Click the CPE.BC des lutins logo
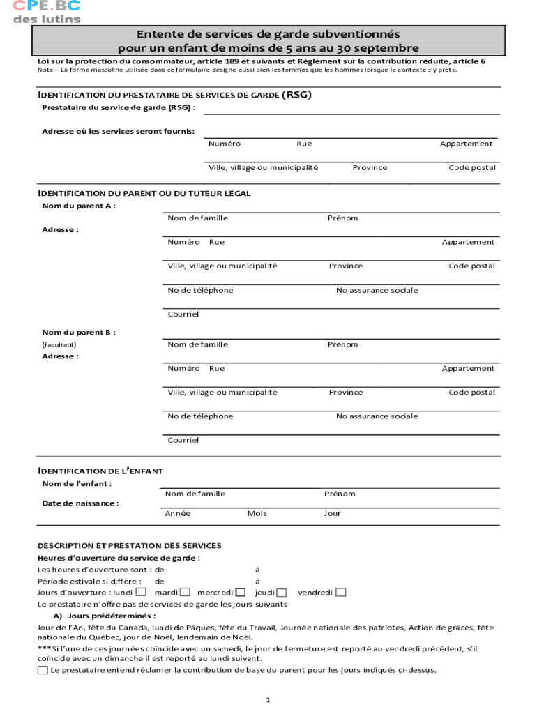47,12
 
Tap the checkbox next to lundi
141,593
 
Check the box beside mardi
186,593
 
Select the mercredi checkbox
241,593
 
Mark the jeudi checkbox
281,593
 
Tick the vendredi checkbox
341,593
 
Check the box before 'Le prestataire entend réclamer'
43,670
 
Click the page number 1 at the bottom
268,699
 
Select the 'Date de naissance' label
80,503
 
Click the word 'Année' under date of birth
177,513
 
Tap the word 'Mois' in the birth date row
257,513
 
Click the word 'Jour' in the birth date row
333,513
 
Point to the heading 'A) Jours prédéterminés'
104,616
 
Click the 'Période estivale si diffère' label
89,581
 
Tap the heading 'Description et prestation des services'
129,545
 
